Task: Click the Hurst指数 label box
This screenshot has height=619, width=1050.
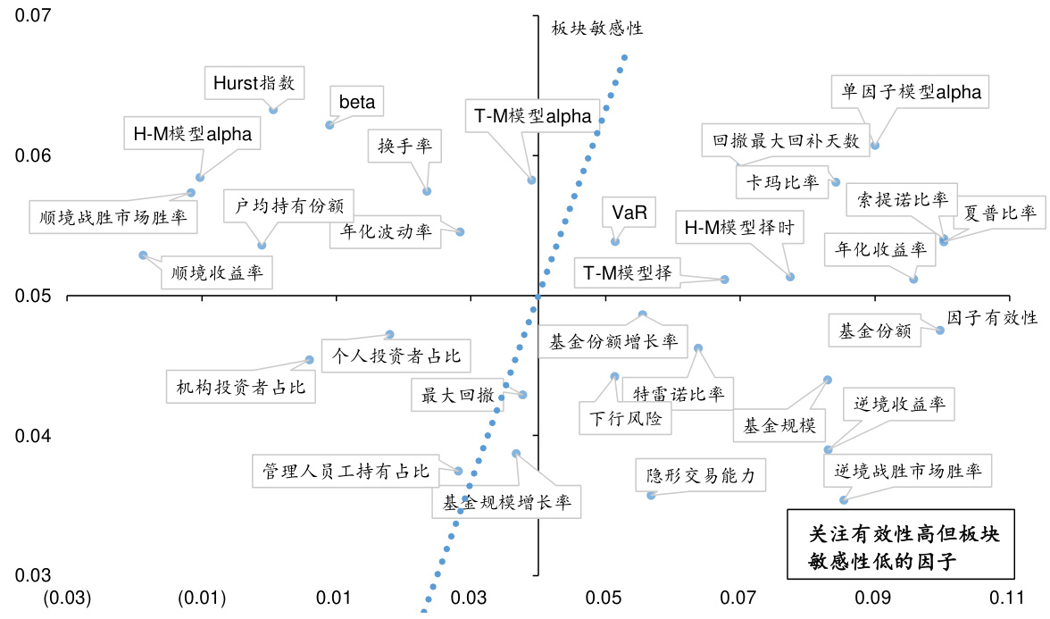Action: click(254, 83)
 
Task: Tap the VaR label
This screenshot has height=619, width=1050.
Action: click(629, 213)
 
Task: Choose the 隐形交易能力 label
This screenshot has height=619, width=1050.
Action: click(701, 476)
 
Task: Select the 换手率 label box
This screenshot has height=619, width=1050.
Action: click(399, 147)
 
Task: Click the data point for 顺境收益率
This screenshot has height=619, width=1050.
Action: click(143, 255)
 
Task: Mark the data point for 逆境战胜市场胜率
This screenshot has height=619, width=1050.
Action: click(843, 500)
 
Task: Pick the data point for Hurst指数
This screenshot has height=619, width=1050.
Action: click(273, 109)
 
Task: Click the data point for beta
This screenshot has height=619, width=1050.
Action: click(329, 125)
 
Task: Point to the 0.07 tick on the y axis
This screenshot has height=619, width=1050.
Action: click(34, 16)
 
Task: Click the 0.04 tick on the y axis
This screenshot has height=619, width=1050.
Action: click(34, 436)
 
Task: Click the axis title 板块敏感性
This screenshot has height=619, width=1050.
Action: click(597, 29)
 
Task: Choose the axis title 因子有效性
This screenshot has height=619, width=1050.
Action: click(992, 318)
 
